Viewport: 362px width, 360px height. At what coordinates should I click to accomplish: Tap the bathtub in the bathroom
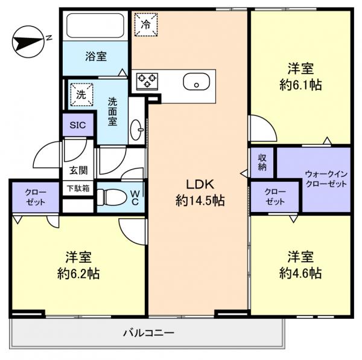point(95,25)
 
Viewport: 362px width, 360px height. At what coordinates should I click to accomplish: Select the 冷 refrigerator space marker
point(146,25)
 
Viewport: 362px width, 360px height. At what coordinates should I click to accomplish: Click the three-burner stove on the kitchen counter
point(147,81)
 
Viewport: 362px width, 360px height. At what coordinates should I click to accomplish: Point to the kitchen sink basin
point(197,82)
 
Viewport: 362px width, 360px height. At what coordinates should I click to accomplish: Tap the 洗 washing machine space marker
point(81,95)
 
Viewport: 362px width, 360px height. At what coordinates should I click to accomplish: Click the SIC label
point(78,125)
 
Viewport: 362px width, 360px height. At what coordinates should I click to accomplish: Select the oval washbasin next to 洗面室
point(136,130)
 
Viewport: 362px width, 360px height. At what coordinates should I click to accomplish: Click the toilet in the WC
point(112,198)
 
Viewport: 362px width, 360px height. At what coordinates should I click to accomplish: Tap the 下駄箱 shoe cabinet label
point(78,188)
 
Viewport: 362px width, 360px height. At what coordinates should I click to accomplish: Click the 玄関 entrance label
point(78,170)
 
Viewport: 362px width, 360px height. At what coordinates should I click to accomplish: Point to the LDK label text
point(200,184)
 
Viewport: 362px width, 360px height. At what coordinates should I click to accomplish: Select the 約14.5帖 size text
point(200,200)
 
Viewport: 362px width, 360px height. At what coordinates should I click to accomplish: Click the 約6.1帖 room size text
point(300,85)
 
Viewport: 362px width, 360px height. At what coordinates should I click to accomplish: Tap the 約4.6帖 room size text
point(300,273)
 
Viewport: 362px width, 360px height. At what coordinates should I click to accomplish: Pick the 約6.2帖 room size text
point(78,274)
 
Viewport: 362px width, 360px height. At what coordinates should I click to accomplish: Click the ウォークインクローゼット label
point(326,179)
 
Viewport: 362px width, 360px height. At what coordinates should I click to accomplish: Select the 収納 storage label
point(262,162)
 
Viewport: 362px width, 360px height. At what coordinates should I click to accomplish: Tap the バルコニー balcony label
point(148,333)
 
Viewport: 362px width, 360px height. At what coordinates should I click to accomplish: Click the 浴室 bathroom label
point(96,56)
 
